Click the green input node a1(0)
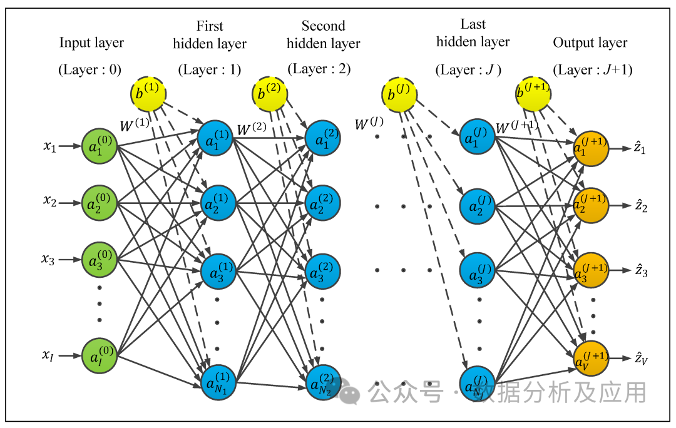coord(100,148)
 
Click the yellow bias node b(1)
coord(149,94)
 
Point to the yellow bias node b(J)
coord(399,94)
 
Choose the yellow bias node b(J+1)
coord(534,94)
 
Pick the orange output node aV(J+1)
coord(591,359)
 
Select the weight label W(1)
coord(134,125)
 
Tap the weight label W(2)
coord(252,130)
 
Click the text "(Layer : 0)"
coord(91,69)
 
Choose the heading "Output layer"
coord(590,43)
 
